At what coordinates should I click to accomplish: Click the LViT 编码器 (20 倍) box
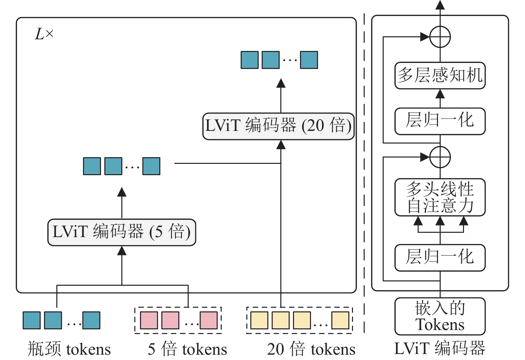point(278,126)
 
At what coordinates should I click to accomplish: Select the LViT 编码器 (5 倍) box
point(122,232)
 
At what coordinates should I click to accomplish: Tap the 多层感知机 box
point(440,75)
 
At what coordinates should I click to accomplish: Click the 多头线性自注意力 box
point(440,197)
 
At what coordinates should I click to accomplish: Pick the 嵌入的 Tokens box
point(440,316)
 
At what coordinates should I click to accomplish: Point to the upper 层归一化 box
point(440,121)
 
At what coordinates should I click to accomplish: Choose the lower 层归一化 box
point(440,257)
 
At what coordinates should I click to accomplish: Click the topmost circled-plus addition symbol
point(440,37)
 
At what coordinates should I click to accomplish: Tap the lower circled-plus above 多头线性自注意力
point(440,157)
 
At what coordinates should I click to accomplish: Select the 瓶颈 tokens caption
point(69,349)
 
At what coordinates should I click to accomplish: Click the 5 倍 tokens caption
point(187,349)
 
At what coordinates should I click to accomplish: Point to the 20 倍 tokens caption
point(311,349)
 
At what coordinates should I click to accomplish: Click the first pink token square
point(149,320)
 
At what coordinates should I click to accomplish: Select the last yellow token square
point(340,320)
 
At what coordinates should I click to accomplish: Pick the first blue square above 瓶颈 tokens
point(32,320)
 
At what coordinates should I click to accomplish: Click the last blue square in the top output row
point(309,60)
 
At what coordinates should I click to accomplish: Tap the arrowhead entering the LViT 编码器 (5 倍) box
point(122,250)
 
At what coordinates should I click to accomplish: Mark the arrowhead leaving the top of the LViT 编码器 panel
point(440,5)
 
